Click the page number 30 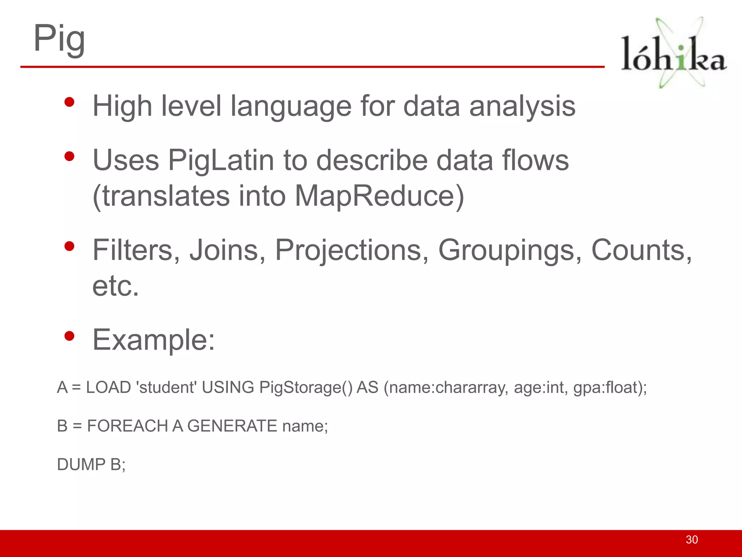point(692,540)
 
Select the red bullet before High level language point(69,102)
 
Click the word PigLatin point(221,160)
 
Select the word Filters point(136,250)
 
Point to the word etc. point(116,286)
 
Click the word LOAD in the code point(108,387)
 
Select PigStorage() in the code point(306,387)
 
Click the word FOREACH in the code point(128,426)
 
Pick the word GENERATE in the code point(232,426)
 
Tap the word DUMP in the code point(81,464)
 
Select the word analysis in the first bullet point(522,107)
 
